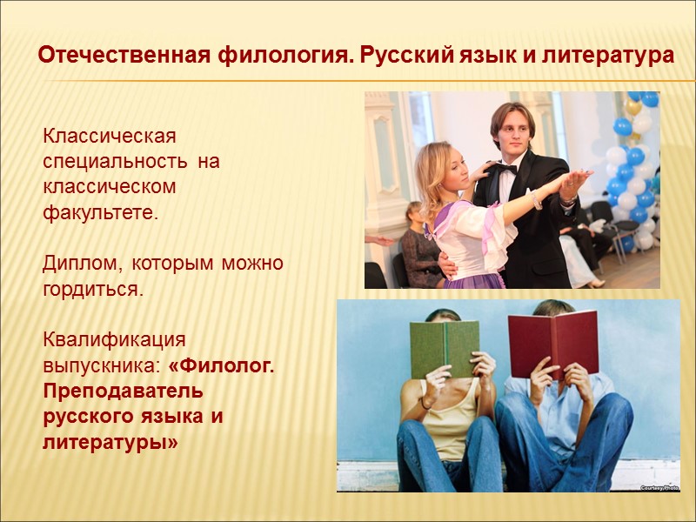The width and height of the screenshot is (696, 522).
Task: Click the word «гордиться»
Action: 92,289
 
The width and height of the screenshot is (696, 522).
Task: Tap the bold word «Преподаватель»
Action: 123,391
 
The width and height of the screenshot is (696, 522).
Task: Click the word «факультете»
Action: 101,212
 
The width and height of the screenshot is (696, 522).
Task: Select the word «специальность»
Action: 113,162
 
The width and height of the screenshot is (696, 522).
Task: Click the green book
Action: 444,348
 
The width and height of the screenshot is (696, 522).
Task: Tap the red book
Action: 553,341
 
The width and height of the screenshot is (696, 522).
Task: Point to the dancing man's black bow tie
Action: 505,169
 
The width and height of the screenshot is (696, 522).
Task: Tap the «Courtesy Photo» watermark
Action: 659,488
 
